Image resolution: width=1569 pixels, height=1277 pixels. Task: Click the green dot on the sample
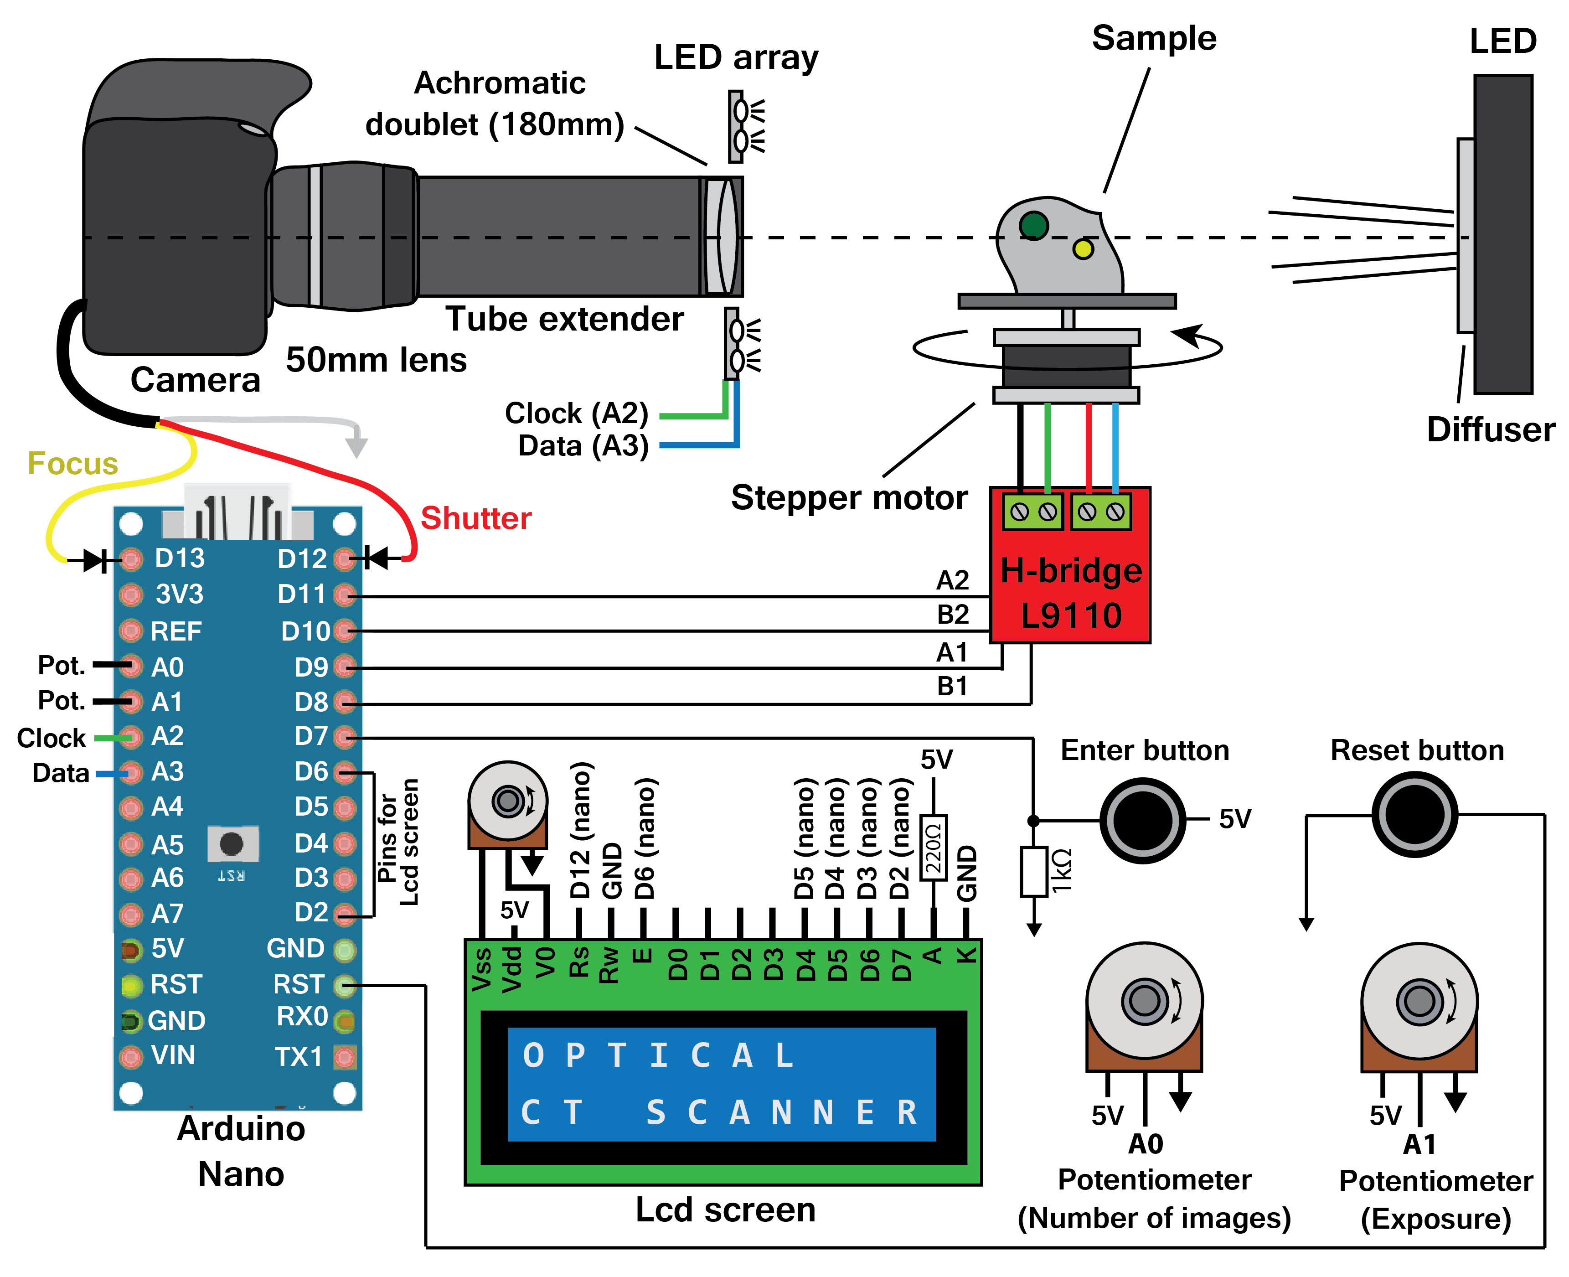pyautogui.click(x=1033, y=225)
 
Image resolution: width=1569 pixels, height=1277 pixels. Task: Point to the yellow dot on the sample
pyautogui.click(x=1082, y=248)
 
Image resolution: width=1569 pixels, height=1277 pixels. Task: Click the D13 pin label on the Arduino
pyautogui.click(x=180, y=558)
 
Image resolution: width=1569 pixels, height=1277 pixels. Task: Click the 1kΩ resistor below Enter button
pyautogui.click(x=1033, y=872)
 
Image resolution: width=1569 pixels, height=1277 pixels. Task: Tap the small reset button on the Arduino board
pyautogui.click(x=232, y=844)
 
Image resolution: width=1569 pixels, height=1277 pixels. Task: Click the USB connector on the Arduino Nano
pyautogui.click(x=237, y=513)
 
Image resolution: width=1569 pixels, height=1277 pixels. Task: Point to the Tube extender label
pyautogui.click(x=564, y=319)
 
